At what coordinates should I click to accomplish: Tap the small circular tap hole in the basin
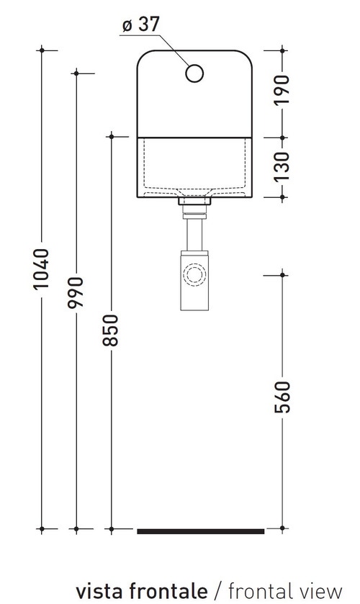[x=194, y=73]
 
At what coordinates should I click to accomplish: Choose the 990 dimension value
[x=76, y=292]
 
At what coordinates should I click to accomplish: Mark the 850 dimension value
[x=111, y=329]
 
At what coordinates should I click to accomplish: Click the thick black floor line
[x=200, y=531]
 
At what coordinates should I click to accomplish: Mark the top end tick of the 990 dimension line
[x=76, y=73]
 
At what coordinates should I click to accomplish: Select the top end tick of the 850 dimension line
[x=111, y=135]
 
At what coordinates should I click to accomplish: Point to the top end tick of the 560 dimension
[x=282, y=274]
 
